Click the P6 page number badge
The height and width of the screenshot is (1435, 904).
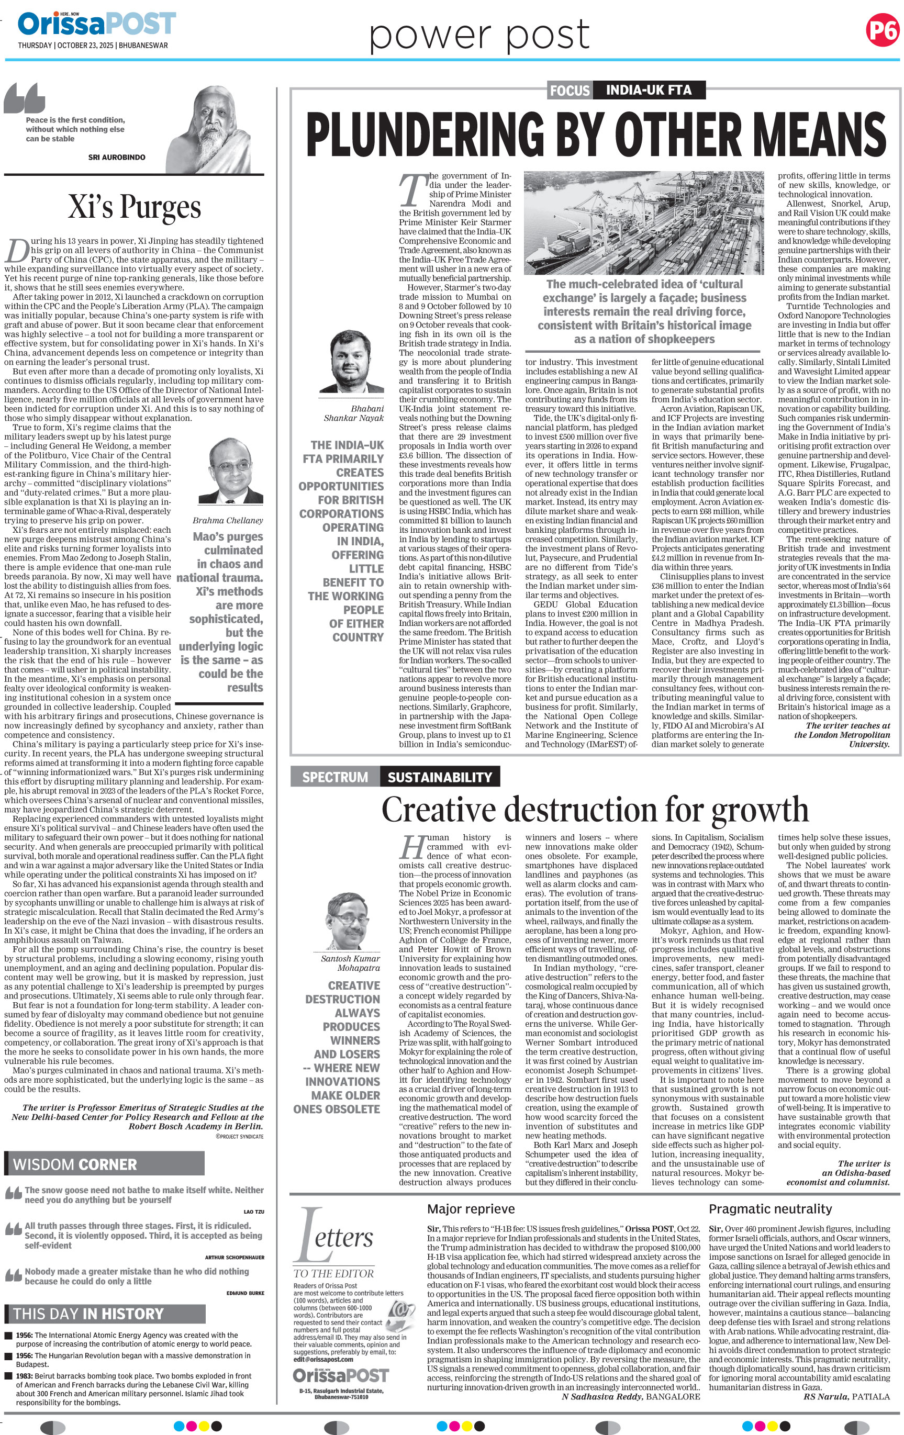(883, 30)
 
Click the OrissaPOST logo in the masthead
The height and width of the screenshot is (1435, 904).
(96, 24)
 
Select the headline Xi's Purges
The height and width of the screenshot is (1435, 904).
(134, 207)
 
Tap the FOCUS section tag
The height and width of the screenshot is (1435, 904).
(570, 91)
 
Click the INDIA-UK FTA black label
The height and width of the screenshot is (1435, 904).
(649, 91)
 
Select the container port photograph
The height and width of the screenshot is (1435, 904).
(644, 223)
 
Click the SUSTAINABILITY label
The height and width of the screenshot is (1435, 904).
(439, 777)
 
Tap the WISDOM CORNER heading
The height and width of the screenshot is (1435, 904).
(75, 1164)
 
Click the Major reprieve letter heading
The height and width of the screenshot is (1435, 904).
(471, 1208)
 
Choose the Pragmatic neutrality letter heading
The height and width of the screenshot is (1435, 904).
(770, 1208)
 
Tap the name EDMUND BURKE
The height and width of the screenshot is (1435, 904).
(245, 1293)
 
